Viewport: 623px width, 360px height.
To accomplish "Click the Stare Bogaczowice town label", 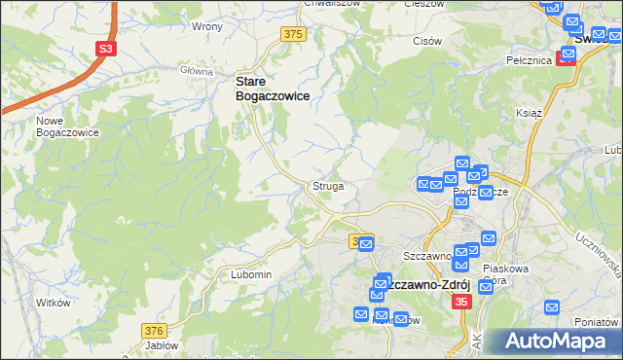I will tap(272, 90).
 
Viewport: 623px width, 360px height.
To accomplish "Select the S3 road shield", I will tap(104, 48).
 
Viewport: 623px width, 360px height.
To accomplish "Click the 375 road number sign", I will tap(294, 34).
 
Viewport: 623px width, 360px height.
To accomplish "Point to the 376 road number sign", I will tap(154, 331).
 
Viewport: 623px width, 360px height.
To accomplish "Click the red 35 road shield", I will tap(462, 303).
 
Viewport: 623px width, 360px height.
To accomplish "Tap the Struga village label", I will tap(327, 185).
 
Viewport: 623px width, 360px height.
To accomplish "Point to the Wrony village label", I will tap(207, 26).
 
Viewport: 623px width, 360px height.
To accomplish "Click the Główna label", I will tap(196, 71).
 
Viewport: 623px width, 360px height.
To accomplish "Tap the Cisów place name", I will tap(427, 41).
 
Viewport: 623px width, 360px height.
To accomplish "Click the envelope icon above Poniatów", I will tap(553, 308).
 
